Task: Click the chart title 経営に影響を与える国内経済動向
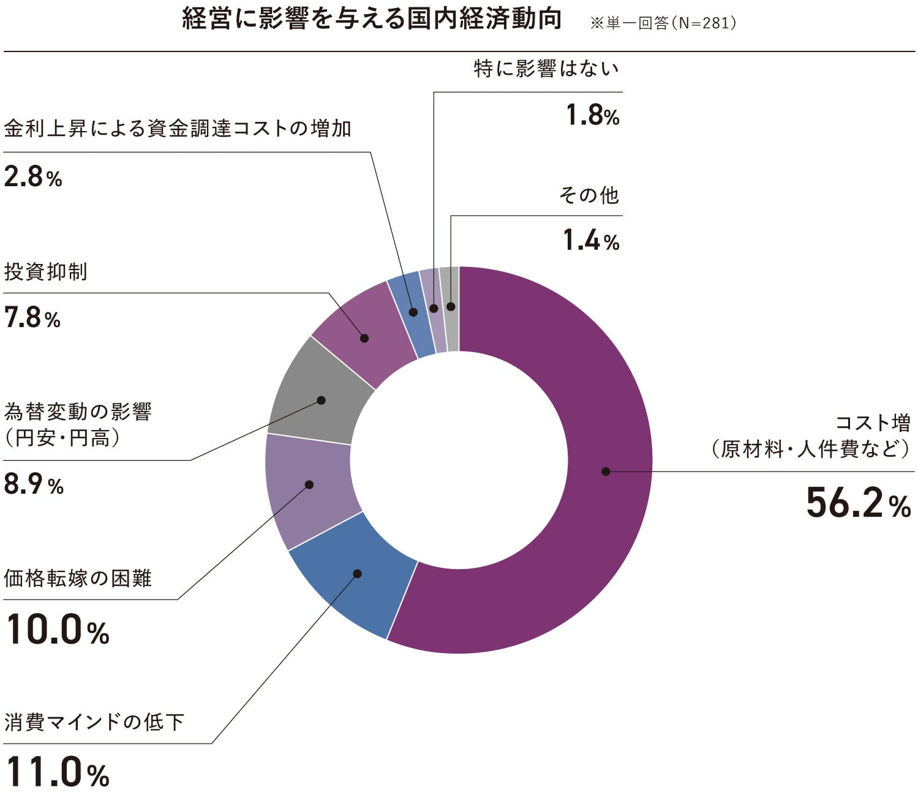tap(372, 20)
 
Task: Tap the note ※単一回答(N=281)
tap(663, 23)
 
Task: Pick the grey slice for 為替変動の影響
tap(318, 392)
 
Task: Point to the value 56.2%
tap(858, 503)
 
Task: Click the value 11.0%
tap(58, 772)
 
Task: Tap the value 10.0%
tap(58, 630)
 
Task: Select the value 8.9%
tap(34, 485)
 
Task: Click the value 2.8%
tap(33, 177)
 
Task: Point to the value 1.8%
tap(592, 115)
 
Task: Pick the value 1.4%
tap(591, 241)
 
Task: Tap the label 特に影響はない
tap(546, 69)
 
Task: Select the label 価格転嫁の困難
tap(78, 578)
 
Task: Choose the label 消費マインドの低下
tap(94, 722)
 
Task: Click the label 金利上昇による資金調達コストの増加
tap(178, 128)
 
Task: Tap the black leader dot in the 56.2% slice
tap(606, 471)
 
